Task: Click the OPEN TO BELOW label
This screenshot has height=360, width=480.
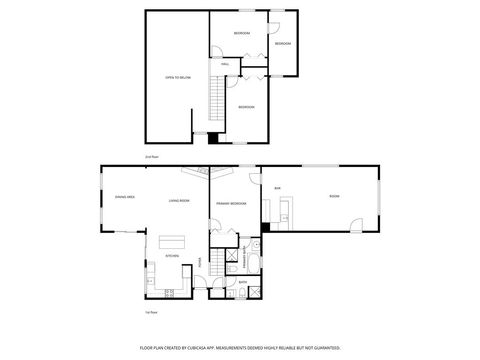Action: (177, 77)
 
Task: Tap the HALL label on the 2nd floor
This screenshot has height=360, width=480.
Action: (226, 64)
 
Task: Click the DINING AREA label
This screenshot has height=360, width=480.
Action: (125, 198)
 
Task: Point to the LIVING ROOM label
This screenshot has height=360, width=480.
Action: (179, 201)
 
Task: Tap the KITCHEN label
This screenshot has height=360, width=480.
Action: (172, 256)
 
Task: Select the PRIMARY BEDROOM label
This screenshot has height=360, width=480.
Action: (231, 204)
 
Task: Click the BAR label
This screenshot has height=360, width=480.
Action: (277, 187)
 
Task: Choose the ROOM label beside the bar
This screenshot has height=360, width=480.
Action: (334, 196)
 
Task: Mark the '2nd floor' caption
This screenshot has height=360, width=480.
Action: (153, 158)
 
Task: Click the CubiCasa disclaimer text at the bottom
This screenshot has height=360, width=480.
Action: (240, 349)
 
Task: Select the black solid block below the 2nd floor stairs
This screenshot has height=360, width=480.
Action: (213, 138)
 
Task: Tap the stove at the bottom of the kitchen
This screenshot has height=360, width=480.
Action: (171, 292)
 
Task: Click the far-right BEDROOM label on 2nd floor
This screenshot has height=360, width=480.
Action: (283, 44)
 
